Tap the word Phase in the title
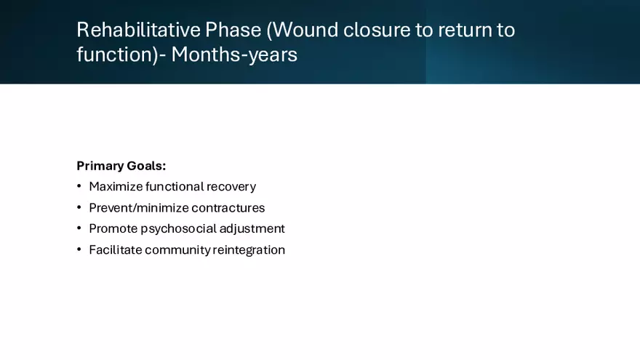(x=233, y=30)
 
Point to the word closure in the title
(x=377, y=30)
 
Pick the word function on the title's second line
(x=114, y=55)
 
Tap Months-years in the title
(x=234, y=55)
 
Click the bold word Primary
(x=100, y=166)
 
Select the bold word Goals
(x=146, y=166)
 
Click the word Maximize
(x=116, y=186)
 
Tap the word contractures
(x=228, y=208)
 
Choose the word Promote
(x=113, y=228)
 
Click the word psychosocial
(x=178, y=229)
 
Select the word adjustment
(x=252, y=229)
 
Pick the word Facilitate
(x=116, y=249)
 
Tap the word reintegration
(x=249, y=250)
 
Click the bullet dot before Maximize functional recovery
(x=79, y=186)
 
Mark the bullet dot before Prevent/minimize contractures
(x=79, y=208)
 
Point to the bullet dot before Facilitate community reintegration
(x=79, y=249)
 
